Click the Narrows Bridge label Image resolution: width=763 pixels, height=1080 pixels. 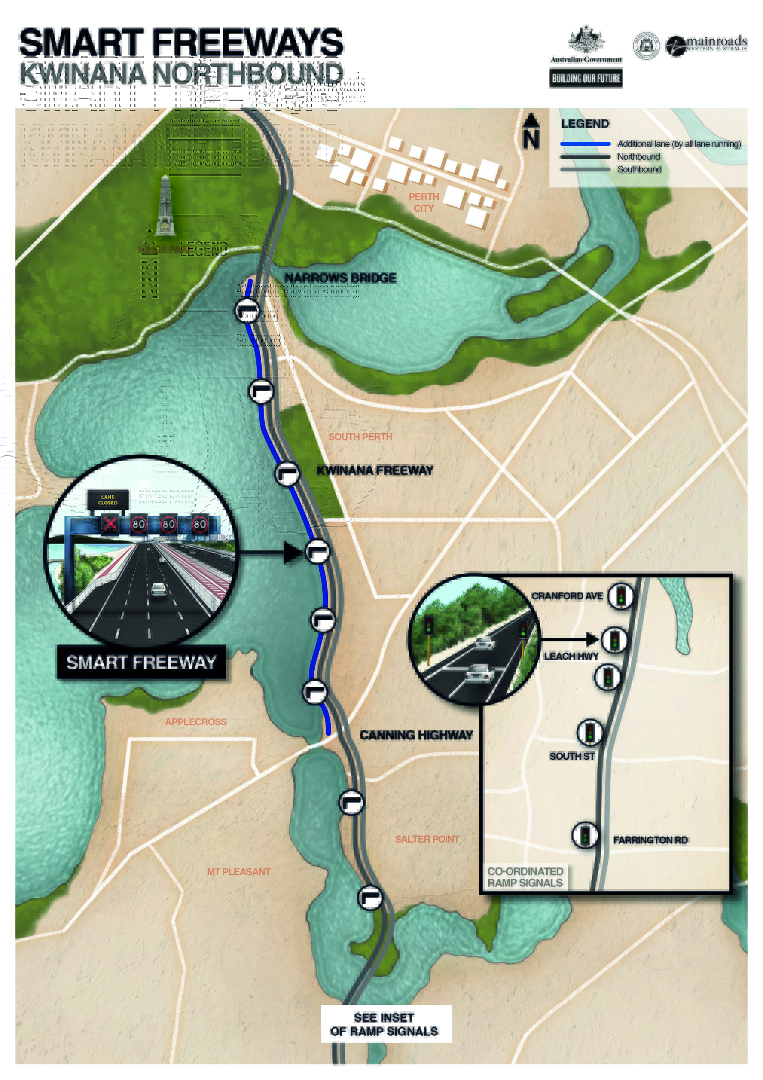(340, 278)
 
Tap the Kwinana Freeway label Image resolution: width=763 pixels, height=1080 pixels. (375, 470)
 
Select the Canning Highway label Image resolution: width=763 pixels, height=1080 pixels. (416, 735)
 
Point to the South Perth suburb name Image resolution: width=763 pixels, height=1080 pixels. (360, 436)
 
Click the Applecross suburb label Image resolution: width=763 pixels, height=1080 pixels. (196, 722)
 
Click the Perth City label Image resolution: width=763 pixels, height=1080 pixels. (423, 202)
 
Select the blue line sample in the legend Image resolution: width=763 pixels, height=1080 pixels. (585, 144)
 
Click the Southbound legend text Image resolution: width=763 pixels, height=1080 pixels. (639, 170)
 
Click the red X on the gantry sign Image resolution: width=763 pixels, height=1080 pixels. (110, 523)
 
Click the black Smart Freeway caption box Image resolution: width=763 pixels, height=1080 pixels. (141, 662)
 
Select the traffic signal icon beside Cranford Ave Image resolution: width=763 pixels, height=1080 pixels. (621, 596)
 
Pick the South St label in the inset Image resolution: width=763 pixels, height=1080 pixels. (571, 756)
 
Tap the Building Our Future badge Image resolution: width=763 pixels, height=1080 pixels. (586, 78)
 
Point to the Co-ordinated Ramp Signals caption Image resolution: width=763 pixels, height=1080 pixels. (525, 877)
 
